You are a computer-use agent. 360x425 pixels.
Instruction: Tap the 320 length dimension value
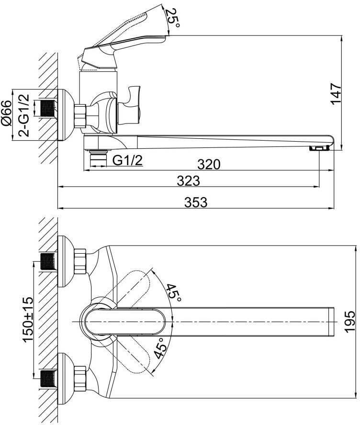[209, 164]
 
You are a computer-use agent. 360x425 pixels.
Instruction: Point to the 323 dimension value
[188, 182]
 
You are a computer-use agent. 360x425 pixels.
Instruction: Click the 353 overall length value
[196, 202]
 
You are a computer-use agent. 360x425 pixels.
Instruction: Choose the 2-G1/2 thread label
[24, 114]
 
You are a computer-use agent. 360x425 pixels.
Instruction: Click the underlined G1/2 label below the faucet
[128, 161]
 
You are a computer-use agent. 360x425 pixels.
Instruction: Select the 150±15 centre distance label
[27, 318]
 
